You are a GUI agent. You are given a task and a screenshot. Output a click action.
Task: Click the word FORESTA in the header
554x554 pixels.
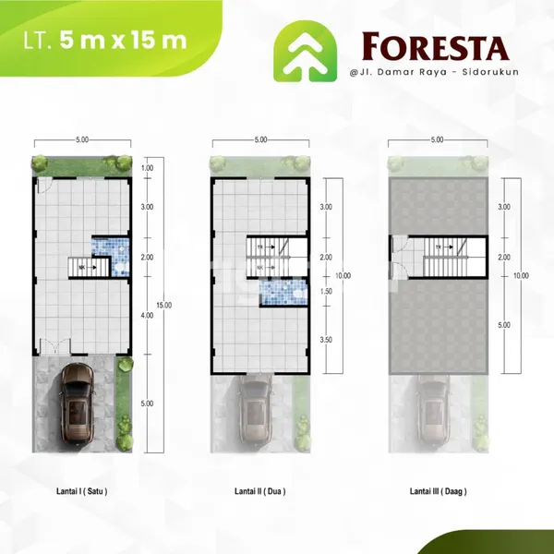click(x=434, y=46)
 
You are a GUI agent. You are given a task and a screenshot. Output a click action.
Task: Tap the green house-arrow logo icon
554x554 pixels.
click(x=303, y=52)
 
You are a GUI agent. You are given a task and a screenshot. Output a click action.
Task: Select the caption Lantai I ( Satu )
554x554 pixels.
click(x=80, y=492)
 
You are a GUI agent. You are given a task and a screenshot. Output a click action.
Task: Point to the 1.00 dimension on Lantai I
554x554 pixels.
click(x=147, y=169)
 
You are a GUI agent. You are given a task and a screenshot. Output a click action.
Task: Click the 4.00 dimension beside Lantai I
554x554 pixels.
click(x=147, y=316)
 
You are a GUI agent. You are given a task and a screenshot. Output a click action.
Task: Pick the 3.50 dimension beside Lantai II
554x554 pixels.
click(x=325, y=341)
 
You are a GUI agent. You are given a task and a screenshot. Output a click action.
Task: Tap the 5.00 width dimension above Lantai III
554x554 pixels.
click(x=437, y=139)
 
